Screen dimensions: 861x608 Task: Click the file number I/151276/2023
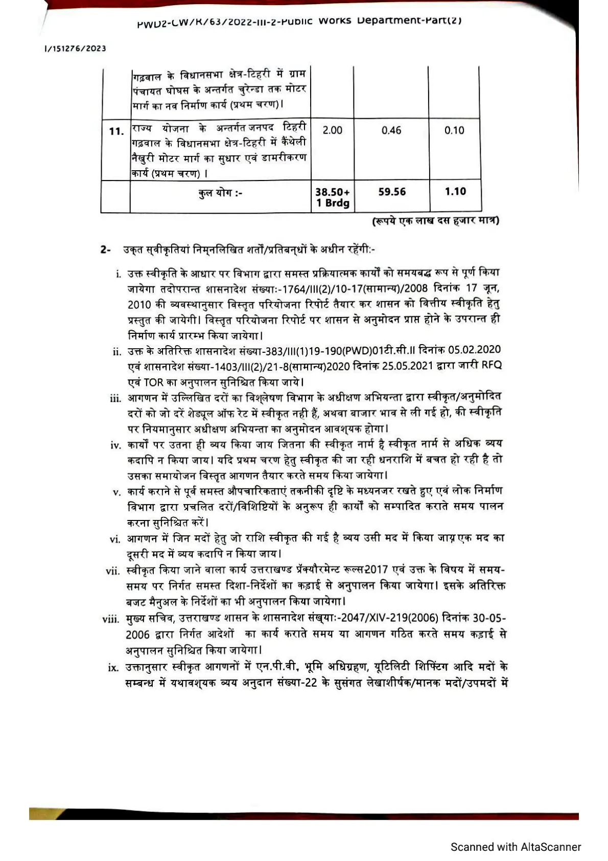pos(75,49)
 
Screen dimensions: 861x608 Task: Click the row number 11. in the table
pos(116,131)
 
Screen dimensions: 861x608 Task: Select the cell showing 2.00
pos(332,130)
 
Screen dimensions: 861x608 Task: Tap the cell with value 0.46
pos(391,130)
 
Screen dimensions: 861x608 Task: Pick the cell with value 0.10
pos(454,130)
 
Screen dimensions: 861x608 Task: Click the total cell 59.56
pos(392,192)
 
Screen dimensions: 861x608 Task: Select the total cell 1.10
pos(455,192)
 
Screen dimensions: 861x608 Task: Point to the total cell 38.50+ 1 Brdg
pos(333,197)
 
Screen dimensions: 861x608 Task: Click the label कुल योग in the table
pos(220,193)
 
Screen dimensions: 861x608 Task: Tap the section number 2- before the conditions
pos(106,250)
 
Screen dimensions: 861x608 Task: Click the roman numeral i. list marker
pos(119,275)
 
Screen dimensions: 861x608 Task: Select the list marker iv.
pos(115,445)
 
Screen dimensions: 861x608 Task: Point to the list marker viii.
pos(111,620)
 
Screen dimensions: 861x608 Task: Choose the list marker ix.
pos(113,668)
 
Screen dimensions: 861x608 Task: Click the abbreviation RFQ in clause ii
pos(492,365)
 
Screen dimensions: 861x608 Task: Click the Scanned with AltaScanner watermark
pos(516,847)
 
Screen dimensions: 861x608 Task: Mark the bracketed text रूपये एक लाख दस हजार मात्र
pos(435,221)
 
